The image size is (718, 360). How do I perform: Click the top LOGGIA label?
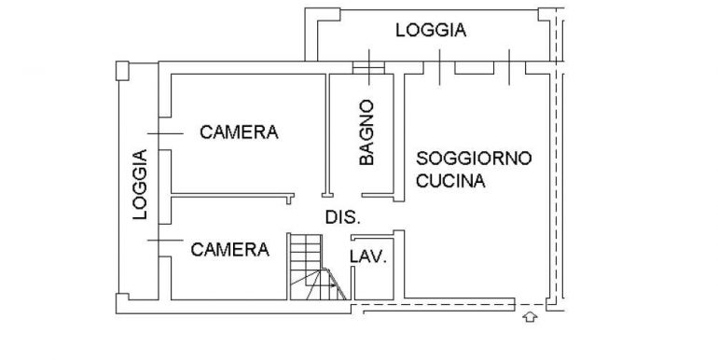coord(431,30)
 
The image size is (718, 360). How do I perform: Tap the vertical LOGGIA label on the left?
coord(140,184)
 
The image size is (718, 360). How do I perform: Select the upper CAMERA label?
coord(239,132)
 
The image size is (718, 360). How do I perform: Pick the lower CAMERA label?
coord(230,250)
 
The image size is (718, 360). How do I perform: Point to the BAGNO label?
coord(366,132)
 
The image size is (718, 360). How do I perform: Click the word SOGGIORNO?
coord(474,159)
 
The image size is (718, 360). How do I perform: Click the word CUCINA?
coord(450,181)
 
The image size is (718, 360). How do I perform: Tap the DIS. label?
coord(343,217)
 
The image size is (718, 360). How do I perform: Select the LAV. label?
coord(368,257)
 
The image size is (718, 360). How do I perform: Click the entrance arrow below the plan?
coord(530,316)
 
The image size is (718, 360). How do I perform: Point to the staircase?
coord(317,267)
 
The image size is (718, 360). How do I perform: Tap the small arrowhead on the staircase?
coord(332,285)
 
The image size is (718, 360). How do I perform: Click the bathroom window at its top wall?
coord(368,68)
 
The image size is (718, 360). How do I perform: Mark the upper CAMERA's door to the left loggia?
coord(165,133)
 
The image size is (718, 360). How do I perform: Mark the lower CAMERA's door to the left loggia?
coord(165,240)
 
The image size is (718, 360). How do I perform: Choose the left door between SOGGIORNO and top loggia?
coord(439,67)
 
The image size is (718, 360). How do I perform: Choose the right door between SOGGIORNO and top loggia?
coord(509,67)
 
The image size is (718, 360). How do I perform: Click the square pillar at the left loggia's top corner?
coord(122,71)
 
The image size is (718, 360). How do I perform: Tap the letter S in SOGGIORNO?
coord(421,159)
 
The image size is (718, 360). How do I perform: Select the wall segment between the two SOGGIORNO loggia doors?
coord(475,67)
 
